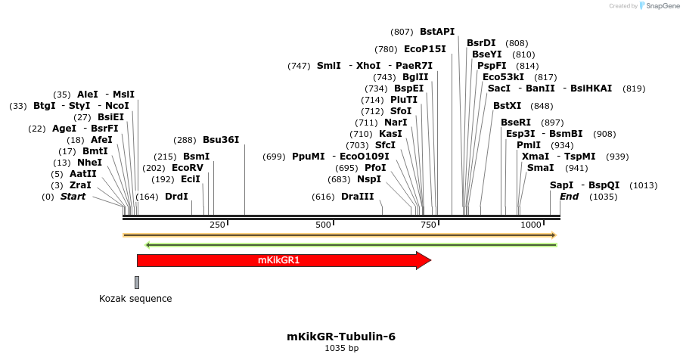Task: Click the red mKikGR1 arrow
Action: [x=280, y=261]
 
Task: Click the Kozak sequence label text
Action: [x=135, y=299]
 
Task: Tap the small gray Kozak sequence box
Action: [x=137, y=282]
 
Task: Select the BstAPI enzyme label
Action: [x=437, y=32]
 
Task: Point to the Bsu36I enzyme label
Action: [x=221, y=140]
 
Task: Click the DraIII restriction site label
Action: [x=357, y=197]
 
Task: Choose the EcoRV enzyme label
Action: [x=188, y=168]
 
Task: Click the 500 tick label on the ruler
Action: [x=324, y=225]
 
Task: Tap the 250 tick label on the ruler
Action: [x=217, y=225]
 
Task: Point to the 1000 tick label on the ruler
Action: [x=531, y=225]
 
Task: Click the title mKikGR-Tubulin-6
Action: [x=341, y=337]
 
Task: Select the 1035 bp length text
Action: [x=341, y=349]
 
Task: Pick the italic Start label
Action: [x=73, y=197]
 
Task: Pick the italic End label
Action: [x=569, y=197]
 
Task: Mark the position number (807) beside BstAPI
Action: [x=402, y=32]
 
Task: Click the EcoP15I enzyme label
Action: [x=425, y=49]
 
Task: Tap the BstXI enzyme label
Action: [x=508, y=106]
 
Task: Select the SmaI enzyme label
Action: [x=540, y=168]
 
